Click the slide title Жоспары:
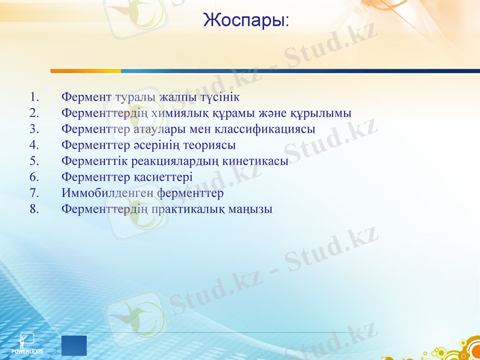point(246,21)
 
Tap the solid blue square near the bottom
point(74,346)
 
